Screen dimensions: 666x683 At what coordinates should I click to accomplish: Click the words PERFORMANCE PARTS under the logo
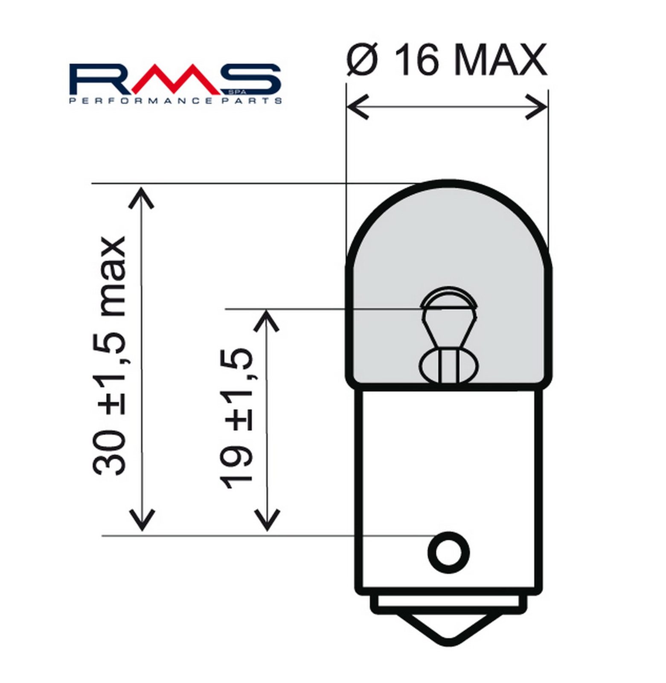pyautogui.click(x=175, y=101)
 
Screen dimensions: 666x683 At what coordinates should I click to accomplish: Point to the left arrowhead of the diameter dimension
pyautogui.click(x=358, y=107)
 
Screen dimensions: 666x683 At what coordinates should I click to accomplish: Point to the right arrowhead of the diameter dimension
pyautogui.click(x=536, y=107)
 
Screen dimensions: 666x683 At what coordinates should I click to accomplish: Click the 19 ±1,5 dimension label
pyautogui.click(x=236, y=419)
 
